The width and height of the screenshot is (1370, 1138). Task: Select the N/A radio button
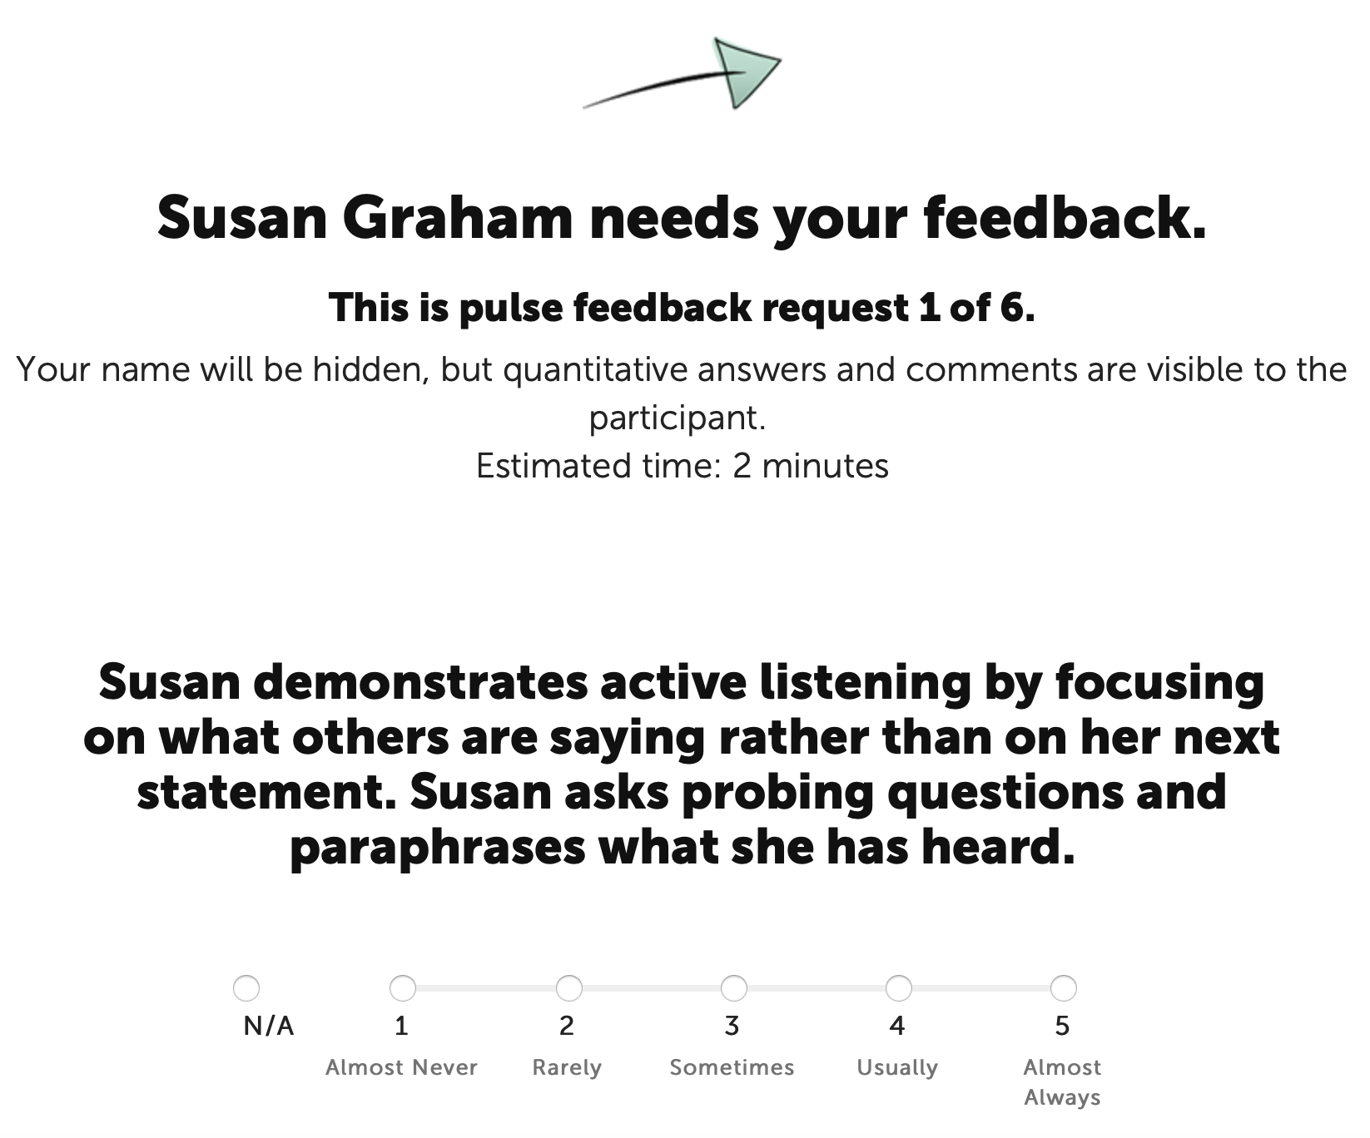246,988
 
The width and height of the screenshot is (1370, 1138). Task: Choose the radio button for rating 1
403,988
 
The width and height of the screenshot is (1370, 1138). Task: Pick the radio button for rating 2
568,988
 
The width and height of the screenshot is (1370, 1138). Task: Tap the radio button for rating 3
733,988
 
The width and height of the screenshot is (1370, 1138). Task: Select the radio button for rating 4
898,988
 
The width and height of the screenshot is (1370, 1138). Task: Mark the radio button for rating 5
1063,988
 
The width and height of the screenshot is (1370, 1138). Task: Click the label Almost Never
401,1067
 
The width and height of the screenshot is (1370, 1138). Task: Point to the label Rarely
567,1068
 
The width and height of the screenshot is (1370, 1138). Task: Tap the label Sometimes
732,1067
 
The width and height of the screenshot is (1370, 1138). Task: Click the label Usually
897,1068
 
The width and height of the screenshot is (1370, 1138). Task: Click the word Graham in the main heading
457,217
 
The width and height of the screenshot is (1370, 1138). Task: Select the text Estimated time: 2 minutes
683,466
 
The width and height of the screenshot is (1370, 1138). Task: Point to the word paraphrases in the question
437,848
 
